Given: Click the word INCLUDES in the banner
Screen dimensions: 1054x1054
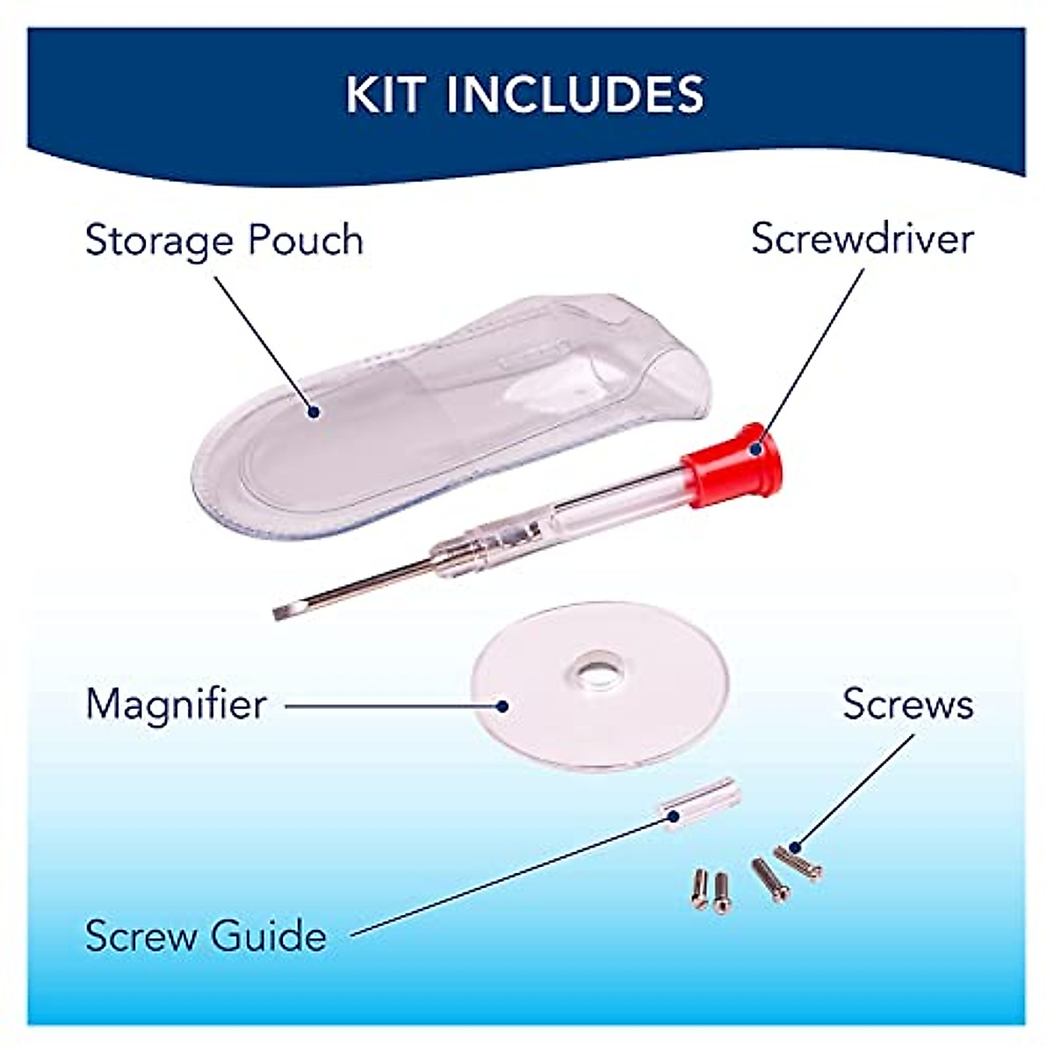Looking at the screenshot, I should click(575, 94).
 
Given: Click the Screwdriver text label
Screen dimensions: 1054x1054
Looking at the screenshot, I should click(863, 239).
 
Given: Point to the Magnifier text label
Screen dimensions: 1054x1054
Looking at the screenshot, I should click(176, 704).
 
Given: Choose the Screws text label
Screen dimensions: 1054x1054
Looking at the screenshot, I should click(908, 704).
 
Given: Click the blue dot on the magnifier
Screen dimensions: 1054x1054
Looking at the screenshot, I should click(502, 704).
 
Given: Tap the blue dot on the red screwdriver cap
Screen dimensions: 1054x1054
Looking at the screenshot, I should click(754, 448).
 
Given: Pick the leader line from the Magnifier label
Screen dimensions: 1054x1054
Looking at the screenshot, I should click(391, 704).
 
